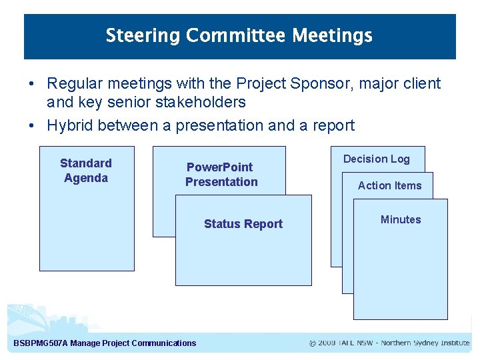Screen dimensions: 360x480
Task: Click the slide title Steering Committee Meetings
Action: (x=239, y=35)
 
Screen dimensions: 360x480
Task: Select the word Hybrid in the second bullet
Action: (x=69, y=125)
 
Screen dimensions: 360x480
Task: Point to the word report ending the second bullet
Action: (x=333, y=125)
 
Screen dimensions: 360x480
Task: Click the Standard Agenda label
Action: (x=86, y=171)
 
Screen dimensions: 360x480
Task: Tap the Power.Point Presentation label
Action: (x=221, y=175)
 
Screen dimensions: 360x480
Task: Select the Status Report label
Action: (x=243, y=224)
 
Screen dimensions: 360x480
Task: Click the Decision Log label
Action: (x=376, y=159)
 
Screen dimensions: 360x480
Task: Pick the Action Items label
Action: (x=389, y=185)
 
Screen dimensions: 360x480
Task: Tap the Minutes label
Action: (x=400, y=219)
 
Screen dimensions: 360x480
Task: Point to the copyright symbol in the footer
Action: (x=313, y=343)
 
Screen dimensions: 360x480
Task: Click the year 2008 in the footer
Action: (x=327, y=343)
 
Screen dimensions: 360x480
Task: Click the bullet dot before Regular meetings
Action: (x=31, y=85)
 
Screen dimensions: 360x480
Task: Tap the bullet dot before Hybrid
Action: (x=31, y=126)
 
